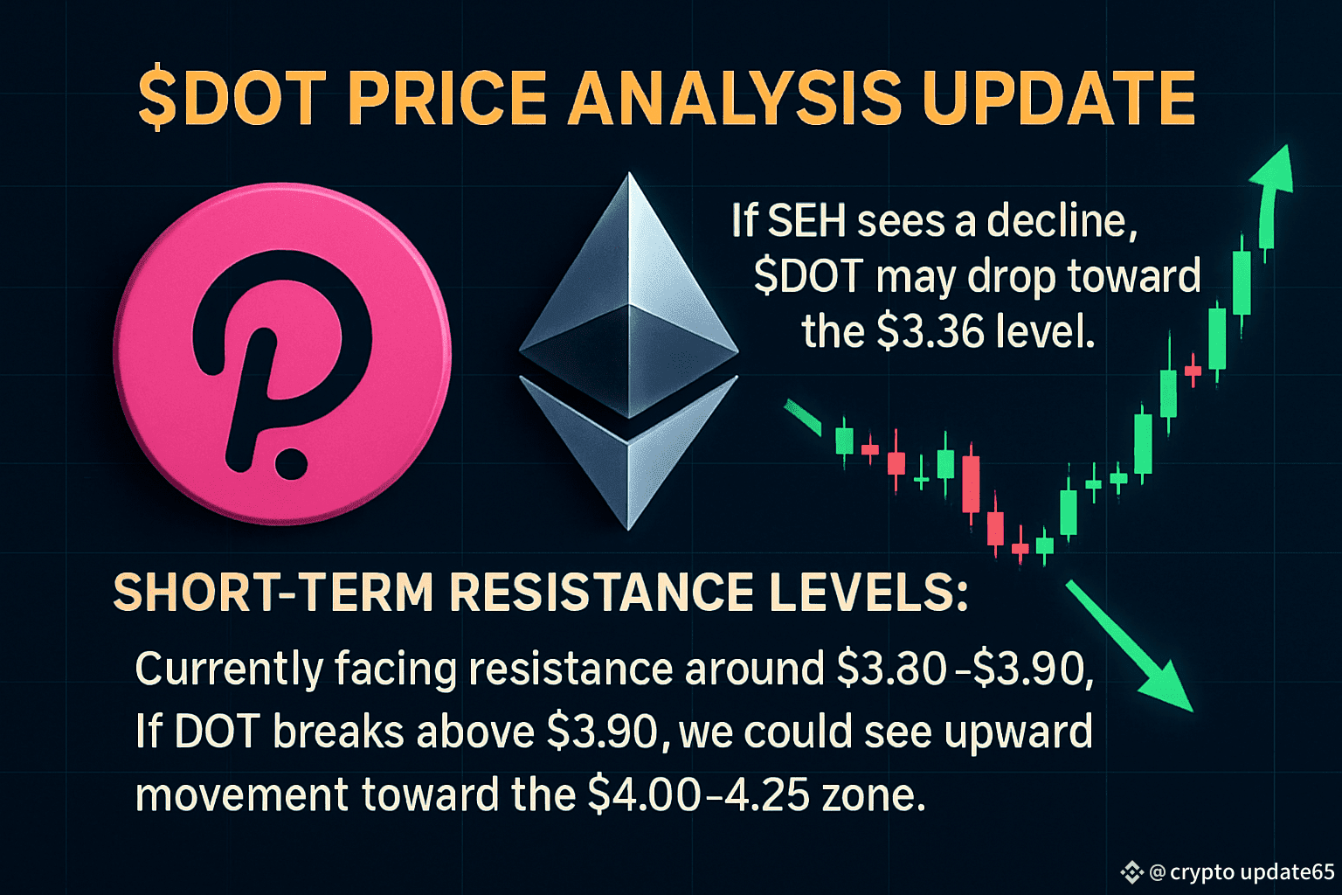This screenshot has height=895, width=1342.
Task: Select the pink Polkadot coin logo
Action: point(282,354)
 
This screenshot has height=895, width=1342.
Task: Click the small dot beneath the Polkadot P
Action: point(291,463)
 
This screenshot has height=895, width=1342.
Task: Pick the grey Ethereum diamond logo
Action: point(628,351)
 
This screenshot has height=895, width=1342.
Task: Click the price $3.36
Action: point(930,331)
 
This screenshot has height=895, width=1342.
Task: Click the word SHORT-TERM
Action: point(273,593)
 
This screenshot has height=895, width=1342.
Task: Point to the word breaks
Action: point(338,732)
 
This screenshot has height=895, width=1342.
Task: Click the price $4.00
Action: point(643,794)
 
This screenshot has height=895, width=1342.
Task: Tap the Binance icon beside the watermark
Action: point(1131,872)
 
